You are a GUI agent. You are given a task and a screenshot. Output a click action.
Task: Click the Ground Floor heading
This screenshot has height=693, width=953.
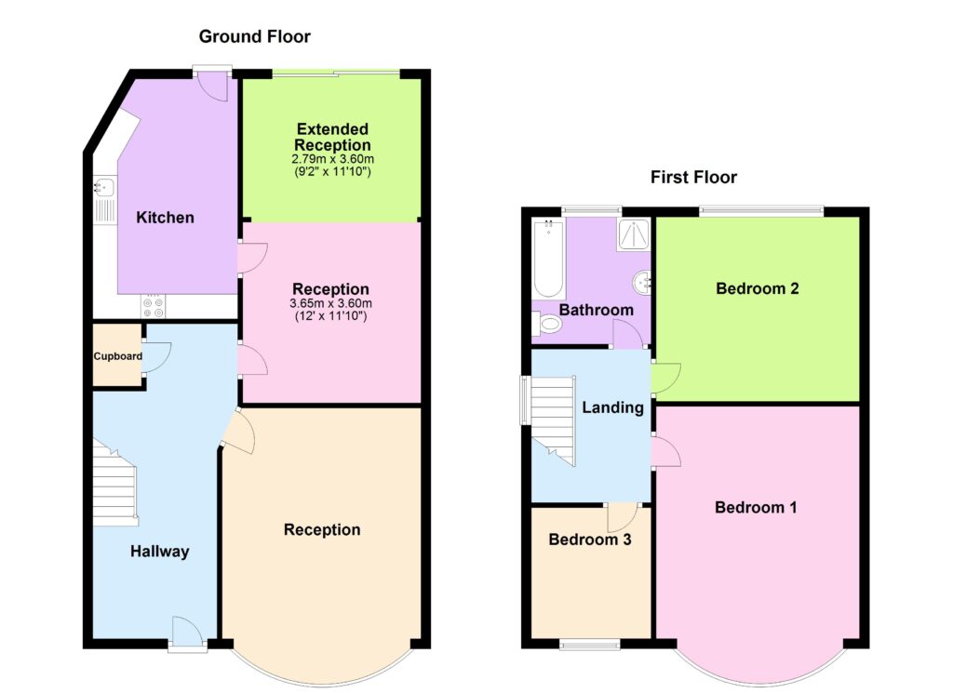pos(255,37)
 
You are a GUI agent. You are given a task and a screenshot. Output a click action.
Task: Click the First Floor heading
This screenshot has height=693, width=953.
pos(693,178)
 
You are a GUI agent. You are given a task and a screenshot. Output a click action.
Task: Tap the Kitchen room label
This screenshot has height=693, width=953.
pos(165,218)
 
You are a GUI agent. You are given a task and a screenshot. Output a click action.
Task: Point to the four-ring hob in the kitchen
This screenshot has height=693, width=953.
pos(154,306)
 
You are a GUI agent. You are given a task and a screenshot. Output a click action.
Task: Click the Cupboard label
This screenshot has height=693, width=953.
pos(118,356)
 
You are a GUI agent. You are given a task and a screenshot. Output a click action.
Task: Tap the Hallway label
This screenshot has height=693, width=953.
pos(160,552)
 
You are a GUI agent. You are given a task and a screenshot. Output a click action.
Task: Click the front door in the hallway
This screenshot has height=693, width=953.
pos(187,633)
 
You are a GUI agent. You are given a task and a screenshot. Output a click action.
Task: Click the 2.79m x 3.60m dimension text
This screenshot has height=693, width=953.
pos(332,159)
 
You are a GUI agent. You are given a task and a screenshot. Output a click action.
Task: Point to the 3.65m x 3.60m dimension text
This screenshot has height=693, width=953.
pos(331,303)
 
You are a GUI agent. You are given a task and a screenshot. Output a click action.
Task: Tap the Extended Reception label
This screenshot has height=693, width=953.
pos(332,137)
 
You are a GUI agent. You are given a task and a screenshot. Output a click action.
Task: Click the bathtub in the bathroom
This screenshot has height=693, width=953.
pos(549,258)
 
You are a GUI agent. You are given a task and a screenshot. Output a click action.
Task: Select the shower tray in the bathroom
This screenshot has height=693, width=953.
pos(634,235)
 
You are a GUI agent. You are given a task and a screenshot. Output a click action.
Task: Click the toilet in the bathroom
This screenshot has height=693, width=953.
pos(546,324)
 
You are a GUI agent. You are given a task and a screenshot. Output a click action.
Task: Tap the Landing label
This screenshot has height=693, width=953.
pos(612,407)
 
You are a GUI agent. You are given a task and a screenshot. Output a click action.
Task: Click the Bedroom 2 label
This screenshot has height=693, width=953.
pos(758,288)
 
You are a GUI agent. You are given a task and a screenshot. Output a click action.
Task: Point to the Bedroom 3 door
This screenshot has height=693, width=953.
pos(623,517)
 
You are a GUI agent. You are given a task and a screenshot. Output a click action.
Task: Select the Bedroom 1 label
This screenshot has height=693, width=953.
pos(756,507)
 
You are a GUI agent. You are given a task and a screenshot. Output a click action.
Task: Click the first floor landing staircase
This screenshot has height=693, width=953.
pos(553,420)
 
